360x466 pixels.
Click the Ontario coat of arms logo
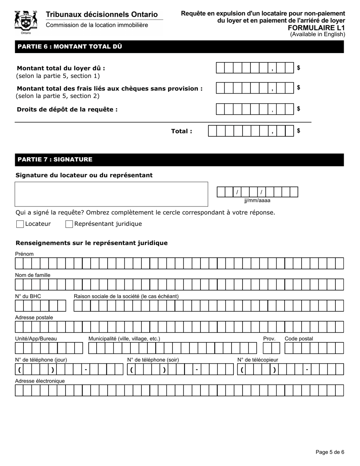[26, 22]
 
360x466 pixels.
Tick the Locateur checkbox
[20, 224]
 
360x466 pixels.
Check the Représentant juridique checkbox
[69, 224]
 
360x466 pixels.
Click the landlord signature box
[111, 194]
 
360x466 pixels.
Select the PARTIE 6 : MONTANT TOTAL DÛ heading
[70, 47]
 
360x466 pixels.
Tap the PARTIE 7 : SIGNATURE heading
[55, 160]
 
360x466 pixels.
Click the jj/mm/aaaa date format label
[257, 201]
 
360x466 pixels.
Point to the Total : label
[182, 131]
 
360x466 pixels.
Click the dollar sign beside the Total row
[299, 131]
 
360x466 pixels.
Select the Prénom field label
[24, 254]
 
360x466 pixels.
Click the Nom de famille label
[33, 275]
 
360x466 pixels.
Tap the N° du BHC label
[28, 296]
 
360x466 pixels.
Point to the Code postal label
[299, 339]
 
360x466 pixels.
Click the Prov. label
[269, 339]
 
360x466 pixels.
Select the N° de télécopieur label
[258, 360]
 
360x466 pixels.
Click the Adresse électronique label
[40, 381]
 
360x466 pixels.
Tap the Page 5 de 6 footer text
[330, 452]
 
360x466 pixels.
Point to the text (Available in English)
[318, 34]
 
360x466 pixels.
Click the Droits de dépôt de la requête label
[67, 109]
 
